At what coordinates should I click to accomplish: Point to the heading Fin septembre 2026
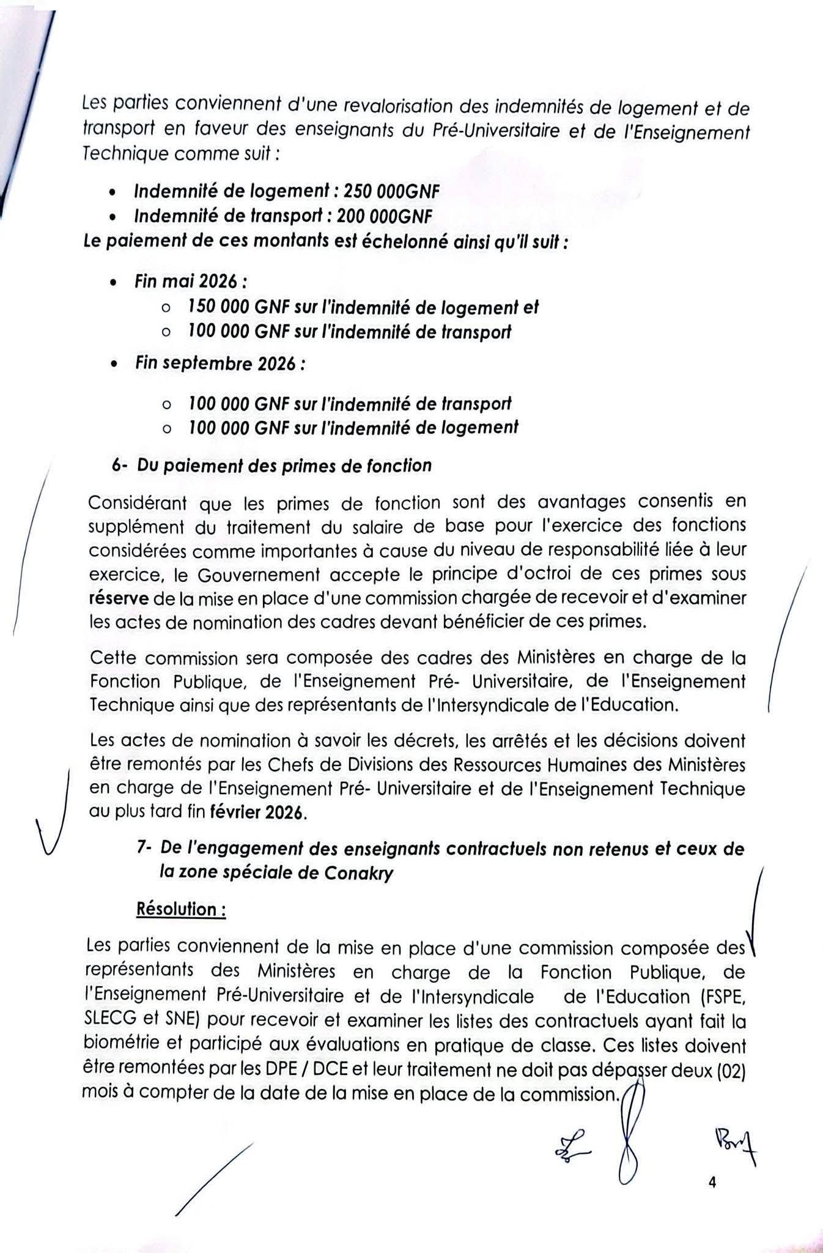pos(220,363)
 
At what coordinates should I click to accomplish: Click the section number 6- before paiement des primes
pos(120,466)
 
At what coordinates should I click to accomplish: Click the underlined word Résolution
pos(180,909)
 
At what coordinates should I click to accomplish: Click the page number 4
pos(711,1183)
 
